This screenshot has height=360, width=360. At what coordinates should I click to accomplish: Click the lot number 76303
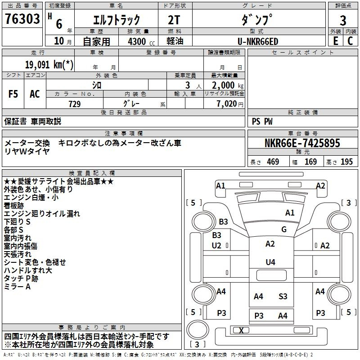[22, 18]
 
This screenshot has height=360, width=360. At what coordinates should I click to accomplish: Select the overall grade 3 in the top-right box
[343, 21]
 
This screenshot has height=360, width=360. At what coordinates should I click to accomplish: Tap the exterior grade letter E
[335, 41]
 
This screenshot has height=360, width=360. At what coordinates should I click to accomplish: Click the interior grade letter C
[350, 41]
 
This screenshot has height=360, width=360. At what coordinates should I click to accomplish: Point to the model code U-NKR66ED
[258, 41]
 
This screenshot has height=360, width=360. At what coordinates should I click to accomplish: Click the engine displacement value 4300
[137, 41]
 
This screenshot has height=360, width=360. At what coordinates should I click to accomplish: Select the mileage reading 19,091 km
[49, 64]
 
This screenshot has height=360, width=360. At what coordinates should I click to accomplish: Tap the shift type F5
[13, 94]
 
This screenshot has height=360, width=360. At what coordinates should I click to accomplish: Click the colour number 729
[75, 104]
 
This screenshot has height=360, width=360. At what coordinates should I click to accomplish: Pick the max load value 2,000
[223, 85]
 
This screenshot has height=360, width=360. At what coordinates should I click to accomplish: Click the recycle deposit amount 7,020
[227, 104]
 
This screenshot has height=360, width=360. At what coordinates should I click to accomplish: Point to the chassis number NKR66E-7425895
[302, 143]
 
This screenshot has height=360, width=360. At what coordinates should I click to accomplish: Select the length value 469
[273, 162]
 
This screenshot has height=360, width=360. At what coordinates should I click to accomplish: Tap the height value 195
[346, 162]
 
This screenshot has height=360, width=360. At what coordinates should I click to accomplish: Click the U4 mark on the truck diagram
[270, 262]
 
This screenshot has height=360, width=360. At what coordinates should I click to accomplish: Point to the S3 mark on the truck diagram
[283, 297]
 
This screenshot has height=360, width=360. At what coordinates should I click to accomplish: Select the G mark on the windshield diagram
[284, 229]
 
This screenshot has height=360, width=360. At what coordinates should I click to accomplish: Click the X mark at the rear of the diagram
[241, 331]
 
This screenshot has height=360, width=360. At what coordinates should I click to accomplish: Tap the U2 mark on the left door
[216, 246]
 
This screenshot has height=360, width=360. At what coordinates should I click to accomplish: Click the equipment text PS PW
[262, 121]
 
